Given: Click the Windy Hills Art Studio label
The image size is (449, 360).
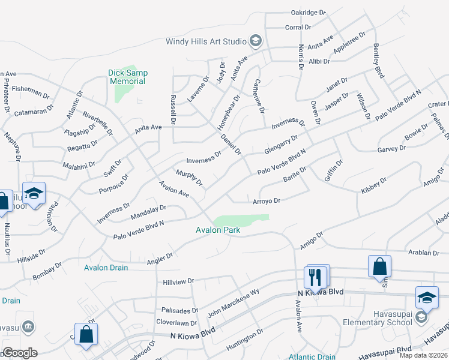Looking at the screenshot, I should pos(206,42).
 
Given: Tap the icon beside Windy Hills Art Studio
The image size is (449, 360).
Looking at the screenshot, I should pos(255,41).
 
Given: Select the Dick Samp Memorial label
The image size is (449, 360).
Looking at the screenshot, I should pos(127,77).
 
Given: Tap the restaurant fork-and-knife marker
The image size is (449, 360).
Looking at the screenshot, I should pos(316,277).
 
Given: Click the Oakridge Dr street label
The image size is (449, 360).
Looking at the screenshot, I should pos(308,12).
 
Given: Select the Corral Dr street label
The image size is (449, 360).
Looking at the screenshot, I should pos(298,27).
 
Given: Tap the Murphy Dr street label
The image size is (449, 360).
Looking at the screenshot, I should pos(189,178).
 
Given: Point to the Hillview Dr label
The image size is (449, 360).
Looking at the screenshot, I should pos(179,281).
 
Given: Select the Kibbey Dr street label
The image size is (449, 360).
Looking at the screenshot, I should pos(374,185).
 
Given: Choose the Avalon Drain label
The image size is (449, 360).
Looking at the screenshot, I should pos(106,268).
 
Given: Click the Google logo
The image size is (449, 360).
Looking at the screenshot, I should pos(20,353).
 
